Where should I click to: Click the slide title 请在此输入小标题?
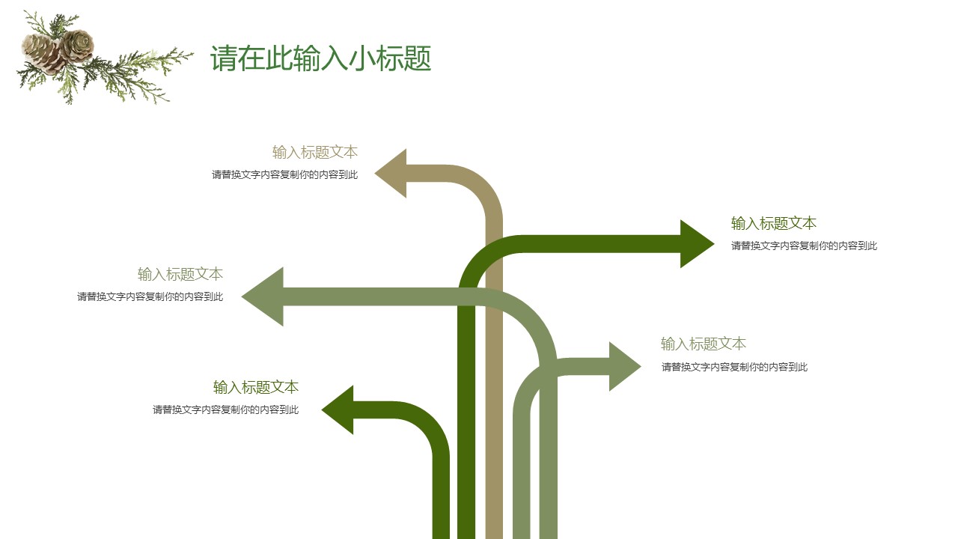pos(320,58)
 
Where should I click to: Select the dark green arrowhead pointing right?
pos(695,243)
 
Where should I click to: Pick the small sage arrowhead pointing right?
pos(623,366)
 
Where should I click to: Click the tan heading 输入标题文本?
pos(314,152)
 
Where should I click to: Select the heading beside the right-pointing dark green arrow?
pos(773,223)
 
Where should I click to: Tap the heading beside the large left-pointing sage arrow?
pos(180,274)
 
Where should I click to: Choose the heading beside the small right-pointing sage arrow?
pos(703,344)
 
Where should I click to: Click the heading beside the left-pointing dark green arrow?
pos(255,387)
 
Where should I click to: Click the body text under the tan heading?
pos(284,175)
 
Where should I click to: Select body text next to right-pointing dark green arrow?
pos(804,246)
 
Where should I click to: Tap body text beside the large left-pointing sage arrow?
pos(150,296)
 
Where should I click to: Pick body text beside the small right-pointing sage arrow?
pos(734,367)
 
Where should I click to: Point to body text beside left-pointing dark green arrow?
pos(225,409)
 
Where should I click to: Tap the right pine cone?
pos(76,45)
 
